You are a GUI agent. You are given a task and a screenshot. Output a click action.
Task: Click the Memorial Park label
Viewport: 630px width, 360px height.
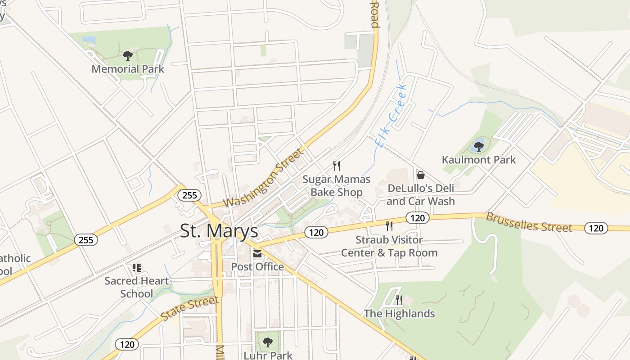click(x=128, y=69)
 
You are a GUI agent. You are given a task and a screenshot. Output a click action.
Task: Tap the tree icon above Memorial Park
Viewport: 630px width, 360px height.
click(x=128, y=56)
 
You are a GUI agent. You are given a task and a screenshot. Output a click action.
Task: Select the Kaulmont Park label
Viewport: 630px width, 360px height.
click(x=479, y=160)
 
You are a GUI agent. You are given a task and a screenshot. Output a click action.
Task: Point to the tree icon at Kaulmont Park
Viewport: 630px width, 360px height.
click(x=479, y=146)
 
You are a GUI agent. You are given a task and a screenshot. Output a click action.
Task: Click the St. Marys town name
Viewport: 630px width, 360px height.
click(x=219, y=231)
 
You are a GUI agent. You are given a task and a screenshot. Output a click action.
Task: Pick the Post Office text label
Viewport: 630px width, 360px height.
click(x=257, y=267)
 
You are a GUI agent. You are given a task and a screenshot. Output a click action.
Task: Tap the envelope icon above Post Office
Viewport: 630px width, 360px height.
click(x=257, y=254)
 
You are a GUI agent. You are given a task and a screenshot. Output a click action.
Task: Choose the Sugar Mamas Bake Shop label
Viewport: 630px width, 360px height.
click(x=337, y=186)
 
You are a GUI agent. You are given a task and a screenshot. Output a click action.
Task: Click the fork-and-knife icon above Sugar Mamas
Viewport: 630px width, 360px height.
click(x=337, y=166)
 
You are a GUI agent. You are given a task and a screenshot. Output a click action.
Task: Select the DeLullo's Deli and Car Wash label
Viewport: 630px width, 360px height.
click(x=421, y=194)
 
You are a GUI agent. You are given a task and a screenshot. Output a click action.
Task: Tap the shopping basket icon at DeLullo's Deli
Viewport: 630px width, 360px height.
click(x=421, y=175)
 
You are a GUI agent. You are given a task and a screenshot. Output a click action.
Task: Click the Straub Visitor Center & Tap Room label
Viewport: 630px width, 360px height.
click(x=389, y=246)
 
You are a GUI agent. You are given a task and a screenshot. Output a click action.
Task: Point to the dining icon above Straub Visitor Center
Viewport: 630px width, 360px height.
click(x=389, y=226)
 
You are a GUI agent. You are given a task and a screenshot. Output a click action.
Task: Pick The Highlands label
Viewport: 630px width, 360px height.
click(x=399, y=314)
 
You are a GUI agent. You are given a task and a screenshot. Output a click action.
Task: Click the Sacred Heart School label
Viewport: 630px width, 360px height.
click(x=137, y=287)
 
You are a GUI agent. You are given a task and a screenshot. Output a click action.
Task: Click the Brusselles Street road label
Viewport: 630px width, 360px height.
click(x=529, y=222)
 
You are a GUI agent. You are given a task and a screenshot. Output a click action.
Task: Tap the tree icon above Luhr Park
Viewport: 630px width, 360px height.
click(x=268, y=342)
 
